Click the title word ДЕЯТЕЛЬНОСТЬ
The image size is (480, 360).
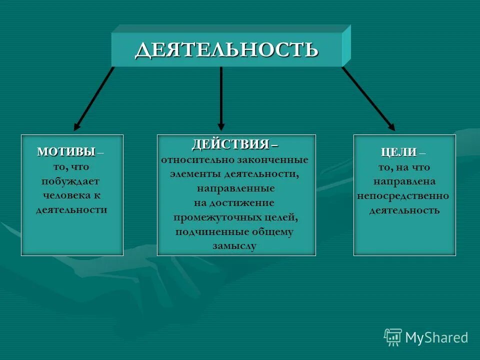tap(226, 50)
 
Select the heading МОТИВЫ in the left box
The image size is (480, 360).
tap(66, 152)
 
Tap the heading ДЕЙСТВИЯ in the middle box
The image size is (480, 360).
tap(230, 145)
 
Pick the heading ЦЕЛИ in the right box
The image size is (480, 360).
tap(398, 153)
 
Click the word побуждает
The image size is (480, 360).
tap(70, 181)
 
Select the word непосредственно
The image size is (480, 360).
tap(403, 196)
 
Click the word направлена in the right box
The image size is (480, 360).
tap(404, 181)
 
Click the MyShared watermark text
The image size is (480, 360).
tap(436, 338)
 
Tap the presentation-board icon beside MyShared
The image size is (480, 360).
tap(393, 337)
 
